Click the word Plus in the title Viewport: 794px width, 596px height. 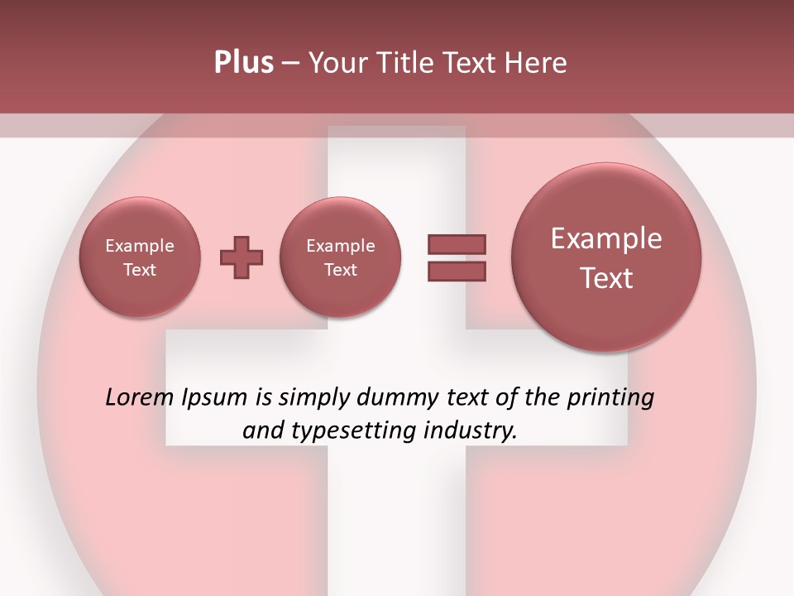[243, 63]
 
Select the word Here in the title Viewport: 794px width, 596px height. [538, 63]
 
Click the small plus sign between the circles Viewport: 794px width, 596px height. [242, 257]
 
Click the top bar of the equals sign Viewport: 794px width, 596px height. [457, 245]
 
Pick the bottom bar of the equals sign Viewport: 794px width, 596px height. [457, 271]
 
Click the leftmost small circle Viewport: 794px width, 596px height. [140, 257]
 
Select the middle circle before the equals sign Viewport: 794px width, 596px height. [340, 257]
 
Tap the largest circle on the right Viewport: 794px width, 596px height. [606, 257]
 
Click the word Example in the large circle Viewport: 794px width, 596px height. [606, 238]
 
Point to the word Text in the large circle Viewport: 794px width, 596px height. [606, 278]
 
